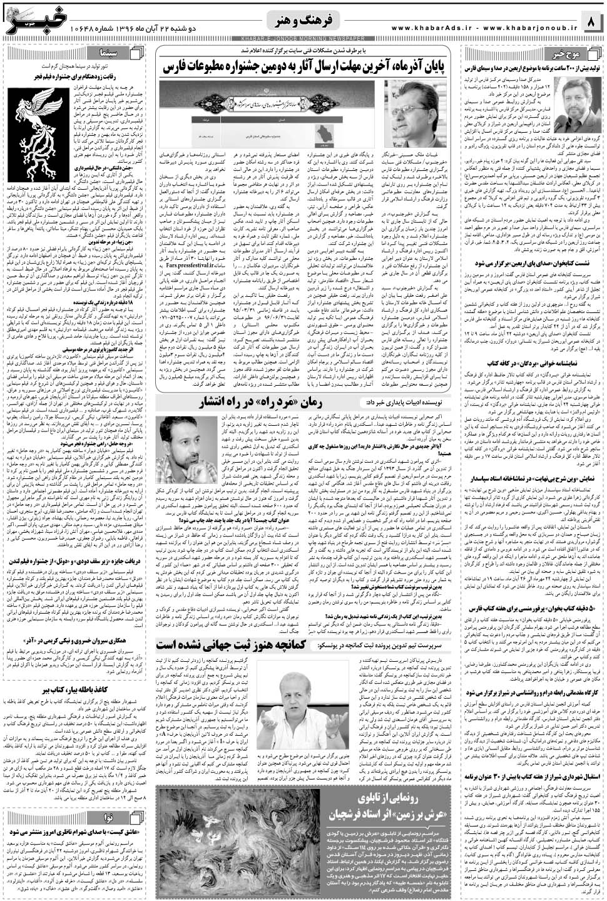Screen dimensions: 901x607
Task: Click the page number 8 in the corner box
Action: tap(591, 23)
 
